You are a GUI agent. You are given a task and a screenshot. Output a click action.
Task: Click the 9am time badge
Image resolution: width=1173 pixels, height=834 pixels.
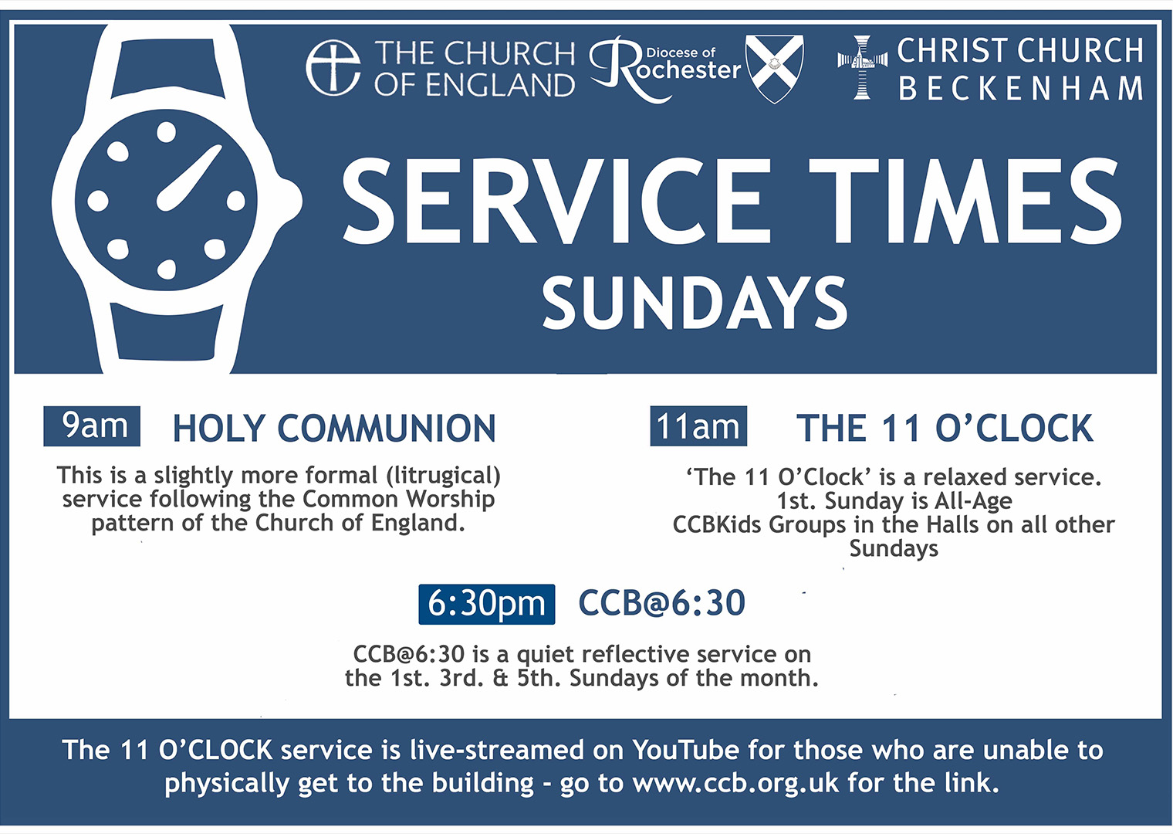(x=92, y=425)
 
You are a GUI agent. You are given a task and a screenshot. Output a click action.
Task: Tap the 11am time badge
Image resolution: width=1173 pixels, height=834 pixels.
(x=698, y=425)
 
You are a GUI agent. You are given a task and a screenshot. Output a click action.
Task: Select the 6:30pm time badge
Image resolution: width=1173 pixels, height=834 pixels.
(x=487, y=604)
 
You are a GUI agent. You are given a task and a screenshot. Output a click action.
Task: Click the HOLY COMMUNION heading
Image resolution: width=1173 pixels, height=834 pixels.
(x=333, y=429)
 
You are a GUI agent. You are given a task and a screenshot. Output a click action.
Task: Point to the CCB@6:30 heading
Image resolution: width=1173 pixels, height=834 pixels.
(x=661, y=603)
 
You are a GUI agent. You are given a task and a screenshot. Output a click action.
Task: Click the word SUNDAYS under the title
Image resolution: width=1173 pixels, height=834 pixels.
(x=695, y=303)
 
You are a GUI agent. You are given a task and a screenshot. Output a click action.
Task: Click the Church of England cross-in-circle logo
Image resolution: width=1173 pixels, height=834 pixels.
(x=333, y=68)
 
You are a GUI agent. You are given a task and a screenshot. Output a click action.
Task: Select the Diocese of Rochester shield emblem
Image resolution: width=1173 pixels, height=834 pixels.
(x=775, y=68)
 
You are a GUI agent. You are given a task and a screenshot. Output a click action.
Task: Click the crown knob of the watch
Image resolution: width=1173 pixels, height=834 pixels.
(x=291, y=201)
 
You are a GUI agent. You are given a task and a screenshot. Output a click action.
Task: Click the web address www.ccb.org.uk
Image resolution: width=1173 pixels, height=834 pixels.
(x=735, y=783)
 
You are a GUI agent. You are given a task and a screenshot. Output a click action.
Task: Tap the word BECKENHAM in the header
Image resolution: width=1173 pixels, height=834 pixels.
(x=1020, y=89)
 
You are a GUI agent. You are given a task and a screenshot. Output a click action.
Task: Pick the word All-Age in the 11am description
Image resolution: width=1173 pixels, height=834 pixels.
(x=973, y=500)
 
